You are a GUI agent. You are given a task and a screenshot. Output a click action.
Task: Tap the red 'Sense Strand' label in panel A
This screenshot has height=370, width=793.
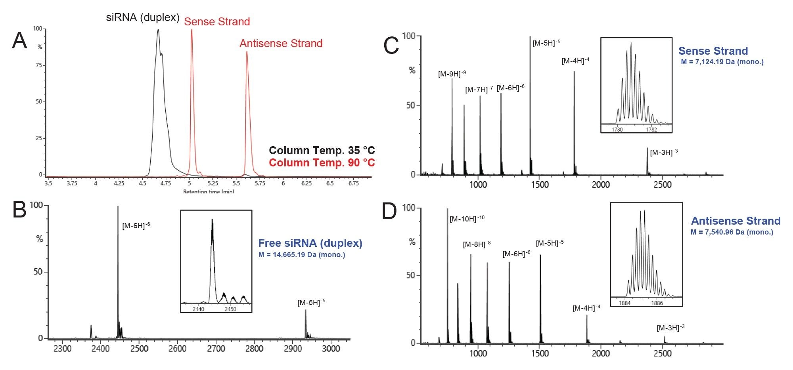pos(217,21)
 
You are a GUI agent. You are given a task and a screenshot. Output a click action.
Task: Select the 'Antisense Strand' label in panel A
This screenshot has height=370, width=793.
pos(281,43)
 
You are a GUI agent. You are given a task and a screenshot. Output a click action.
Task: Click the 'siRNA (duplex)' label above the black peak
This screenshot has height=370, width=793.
pos(143,17)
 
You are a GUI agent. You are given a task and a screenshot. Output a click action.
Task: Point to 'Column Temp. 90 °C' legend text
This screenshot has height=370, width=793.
pos(322,162)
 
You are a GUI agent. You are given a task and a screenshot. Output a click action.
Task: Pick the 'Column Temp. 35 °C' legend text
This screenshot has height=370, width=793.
pos(322,150)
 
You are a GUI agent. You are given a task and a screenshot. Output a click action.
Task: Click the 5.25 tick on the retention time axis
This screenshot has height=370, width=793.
pos(213,183)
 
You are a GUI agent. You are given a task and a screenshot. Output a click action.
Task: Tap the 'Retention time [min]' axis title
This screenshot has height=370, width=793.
pos(209,192)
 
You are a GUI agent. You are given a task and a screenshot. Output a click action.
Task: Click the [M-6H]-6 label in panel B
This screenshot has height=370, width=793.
pos(136,225)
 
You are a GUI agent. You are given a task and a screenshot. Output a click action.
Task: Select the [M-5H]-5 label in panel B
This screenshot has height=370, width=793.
pos(311,302)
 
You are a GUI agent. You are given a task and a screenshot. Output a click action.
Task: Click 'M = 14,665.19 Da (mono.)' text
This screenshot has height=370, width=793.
pos(301,255)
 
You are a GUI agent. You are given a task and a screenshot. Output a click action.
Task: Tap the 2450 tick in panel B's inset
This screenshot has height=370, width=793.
pos(230,309)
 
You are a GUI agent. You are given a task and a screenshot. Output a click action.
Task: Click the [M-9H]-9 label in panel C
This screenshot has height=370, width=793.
pos(452,74)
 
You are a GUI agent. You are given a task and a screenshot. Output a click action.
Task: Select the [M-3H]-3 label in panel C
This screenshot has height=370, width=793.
pos(664,152)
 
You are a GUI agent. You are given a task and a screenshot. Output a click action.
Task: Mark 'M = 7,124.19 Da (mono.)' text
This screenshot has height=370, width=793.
pos(722,62)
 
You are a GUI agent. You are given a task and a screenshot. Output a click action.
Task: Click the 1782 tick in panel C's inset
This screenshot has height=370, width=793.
pos(651,130)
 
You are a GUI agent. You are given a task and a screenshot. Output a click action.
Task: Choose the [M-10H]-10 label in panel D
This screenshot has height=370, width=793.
pos(467,218)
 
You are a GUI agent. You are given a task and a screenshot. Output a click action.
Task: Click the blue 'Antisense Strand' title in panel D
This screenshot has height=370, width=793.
pos(736,221)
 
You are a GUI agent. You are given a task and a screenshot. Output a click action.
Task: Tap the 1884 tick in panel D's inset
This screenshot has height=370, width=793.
pos(624,303)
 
